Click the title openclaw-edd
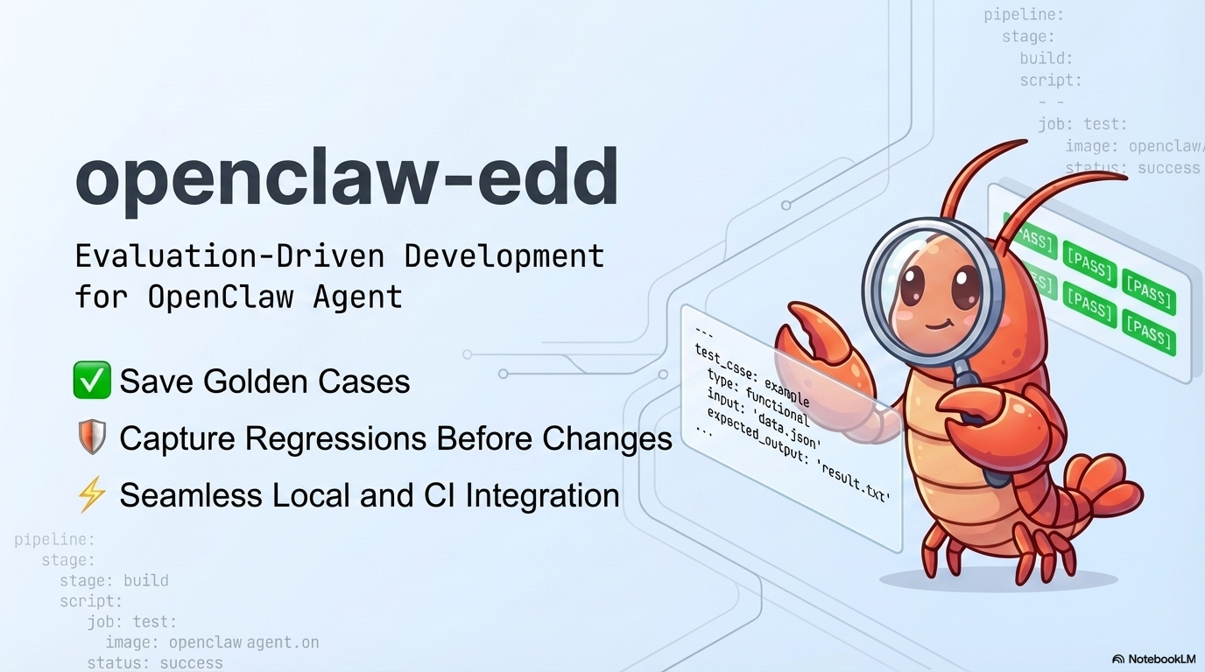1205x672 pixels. pos(347,180)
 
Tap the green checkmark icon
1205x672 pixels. pos(92,381)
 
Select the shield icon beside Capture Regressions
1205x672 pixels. pos(92,437)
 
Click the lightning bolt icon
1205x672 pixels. pos(92,495)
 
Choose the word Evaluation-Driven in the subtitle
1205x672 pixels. pos(229,256)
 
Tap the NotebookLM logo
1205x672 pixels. pos(1153,659)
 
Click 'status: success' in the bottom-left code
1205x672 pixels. pos(155,663)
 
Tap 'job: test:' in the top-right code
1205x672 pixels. pos(1082,124)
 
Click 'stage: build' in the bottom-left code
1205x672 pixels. pos(114,580)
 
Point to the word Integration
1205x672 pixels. pos(542,495)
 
